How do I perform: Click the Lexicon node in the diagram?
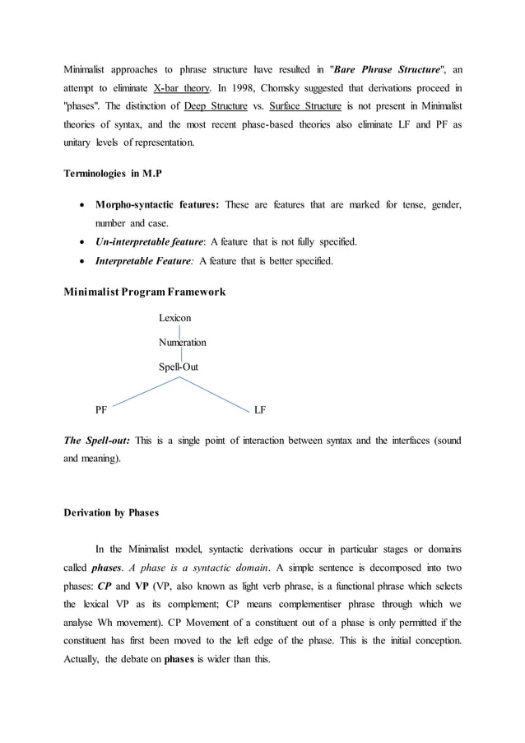(174, 317)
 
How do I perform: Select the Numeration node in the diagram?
(182, 342)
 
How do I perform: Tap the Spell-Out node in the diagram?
(178, 367)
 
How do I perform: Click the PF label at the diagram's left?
(101, 409)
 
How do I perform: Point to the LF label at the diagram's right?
(260, 409)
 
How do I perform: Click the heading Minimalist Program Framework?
(144, 292)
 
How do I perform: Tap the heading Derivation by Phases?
(111, 513)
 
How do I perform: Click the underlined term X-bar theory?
(185, 87)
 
